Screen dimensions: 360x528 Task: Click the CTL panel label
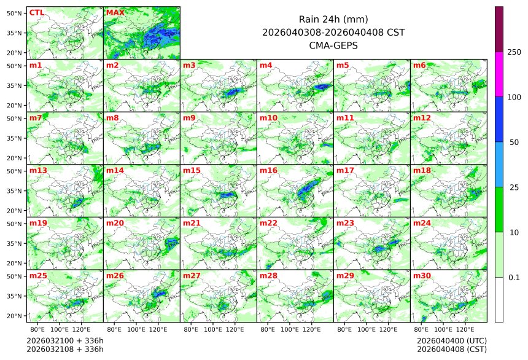(x=36, y=12)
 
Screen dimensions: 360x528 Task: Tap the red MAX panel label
(x=115, y=12)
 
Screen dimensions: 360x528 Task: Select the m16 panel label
(x=268, y=170)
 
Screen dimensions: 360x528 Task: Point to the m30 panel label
(x=422, y=276)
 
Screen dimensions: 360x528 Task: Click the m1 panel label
(x=36, y=65)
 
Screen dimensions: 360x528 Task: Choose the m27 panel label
(x=192, y=276)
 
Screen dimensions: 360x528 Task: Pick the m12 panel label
(x=422, y=117)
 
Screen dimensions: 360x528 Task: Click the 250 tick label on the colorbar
(x=514, y=52)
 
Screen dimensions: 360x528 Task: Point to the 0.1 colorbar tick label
(x=514, y=277)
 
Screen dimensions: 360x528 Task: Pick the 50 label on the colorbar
(x=514, y=142)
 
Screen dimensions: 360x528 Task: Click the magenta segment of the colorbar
(x=499, y=74)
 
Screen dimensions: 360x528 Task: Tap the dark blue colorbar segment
(x=499, y=119)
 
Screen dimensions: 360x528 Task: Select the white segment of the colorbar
(x=499, y=299)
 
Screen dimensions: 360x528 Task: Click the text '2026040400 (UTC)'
(x=451, y=340)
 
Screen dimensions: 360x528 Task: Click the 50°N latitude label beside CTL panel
(x=15, y=13)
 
